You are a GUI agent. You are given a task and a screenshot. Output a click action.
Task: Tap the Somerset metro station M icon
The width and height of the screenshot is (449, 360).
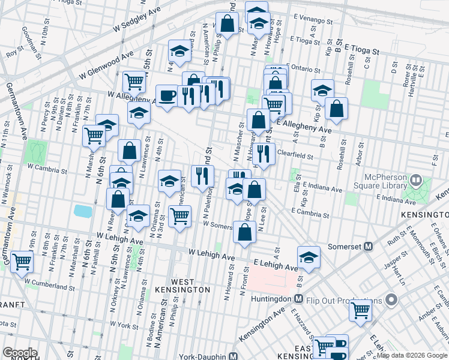[369, 246]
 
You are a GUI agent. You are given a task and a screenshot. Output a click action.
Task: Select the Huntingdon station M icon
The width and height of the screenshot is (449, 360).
[298, 298]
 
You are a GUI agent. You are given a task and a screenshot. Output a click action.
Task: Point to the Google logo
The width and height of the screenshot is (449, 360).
[20, 353]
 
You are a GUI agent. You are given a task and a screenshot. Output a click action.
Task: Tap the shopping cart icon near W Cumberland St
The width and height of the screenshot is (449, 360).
[22, 261]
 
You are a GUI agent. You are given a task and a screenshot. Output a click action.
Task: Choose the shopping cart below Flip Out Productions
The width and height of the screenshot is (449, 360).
[360, 310]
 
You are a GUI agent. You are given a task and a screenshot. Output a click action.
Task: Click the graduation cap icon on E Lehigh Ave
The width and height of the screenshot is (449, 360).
[309, 256]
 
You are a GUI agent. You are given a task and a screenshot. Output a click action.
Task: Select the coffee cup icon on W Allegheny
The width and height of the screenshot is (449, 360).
[167, 95]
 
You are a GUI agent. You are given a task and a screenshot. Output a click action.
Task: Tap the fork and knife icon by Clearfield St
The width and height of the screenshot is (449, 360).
[264, 154]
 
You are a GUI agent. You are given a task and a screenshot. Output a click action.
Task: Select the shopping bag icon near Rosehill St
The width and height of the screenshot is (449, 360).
[337, 109]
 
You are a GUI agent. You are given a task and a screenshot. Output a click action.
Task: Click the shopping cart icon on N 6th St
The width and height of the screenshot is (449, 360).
[94, 136]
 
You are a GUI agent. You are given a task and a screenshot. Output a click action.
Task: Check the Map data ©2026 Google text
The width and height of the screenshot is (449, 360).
[412, 355]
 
